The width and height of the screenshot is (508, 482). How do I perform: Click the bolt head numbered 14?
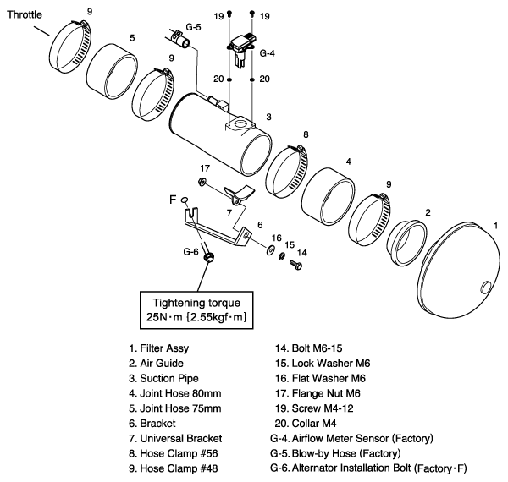[295, 266]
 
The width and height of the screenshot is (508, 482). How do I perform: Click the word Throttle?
[26, 15]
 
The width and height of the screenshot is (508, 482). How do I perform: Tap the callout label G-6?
[191, 251]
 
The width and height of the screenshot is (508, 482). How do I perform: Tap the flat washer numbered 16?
[269, 249]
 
